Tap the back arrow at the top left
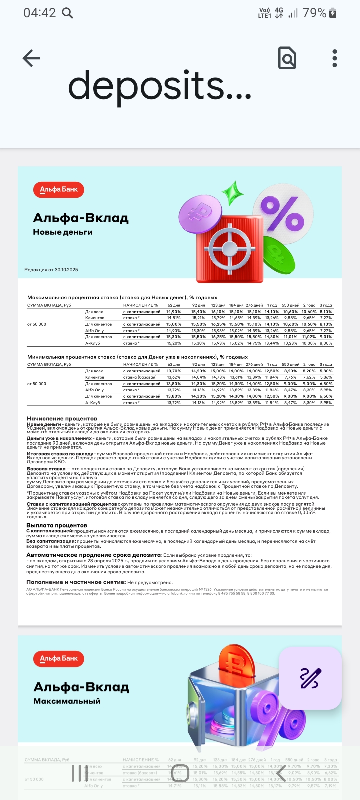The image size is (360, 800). pos(31,58)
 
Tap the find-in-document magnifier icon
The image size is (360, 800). pos(287,58)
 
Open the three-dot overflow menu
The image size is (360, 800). pos(335,58)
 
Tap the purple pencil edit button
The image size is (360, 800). pos(310,678)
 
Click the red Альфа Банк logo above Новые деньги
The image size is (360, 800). pos(59,190)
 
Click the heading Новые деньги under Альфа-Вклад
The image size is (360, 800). pos(63,232)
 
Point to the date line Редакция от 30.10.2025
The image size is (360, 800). pos(51,270)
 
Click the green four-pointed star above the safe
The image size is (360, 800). pos(232,193)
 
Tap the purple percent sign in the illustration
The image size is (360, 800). pos(282,213)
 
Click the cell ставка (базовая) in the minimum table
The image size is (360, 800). pos(140,377)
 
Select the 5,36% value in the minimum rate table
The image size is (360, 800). pos(326,377)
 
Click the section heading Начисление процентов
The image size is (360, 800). pos(62,418)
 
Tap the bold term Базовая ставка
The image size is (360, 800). pos(46,469)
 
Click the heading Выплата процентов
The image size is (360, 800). pos(57,525)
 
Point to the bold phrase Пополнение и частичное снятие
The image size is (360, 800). pos(76,582)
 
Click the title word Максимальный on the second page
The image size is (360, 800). pos(67,701)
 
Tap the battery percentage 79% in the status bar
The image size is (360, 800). pos(314,13)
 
